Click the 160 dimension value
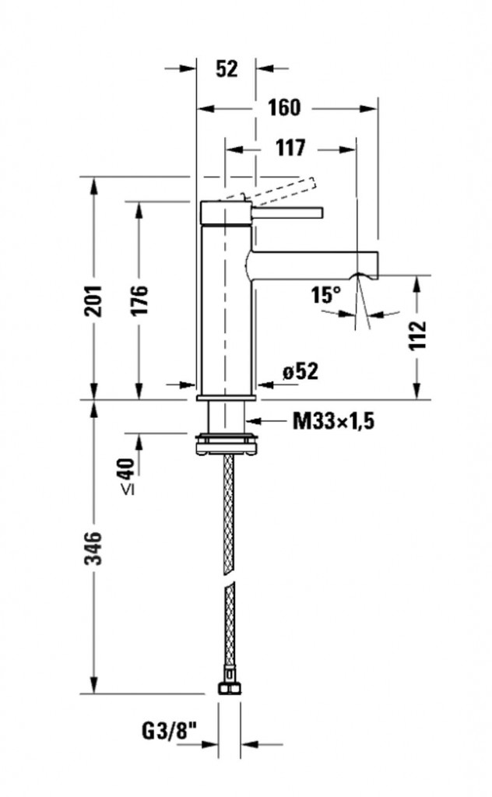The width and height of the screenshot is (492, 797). (x=283, y=107)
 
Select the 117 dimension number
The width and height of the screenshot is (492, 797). (x=289, y=147)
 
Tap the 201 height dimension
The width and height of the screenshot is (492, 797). (x=93, y=299)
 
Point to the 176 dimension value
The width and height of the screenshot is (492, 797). (x=139, y=299)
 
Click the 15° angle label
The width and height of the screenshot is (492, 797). (x=326, y=295)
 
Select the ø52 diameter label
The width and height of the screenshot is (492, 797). (x=301, y=372)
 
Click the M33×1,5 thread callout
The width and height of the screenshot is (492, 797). (x=334, y=422)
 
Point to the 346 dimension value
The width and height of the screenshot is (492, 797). (x=93, y=548)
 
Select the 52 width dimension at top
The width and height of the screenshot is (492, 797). (x=226, y=68)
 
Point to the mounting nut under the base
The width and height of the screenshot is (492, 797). (x=226, y=441)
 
